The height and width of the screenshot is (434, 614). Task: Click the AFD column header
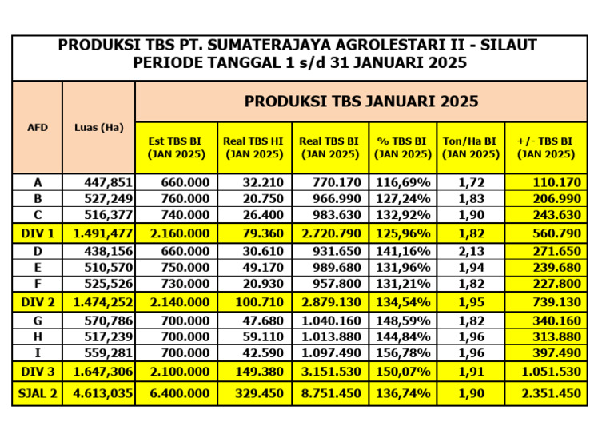coord(38,127)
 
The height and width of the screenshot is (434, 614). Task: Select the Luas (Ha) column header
coord(98,127)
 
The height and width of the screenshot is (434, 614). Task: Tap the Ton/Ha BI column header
coord(470,148)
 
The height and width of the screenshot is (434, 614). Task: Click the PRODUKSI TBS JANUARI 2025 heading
coord(361,102)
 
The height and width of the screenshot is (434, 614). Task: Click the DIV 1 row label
coord(38,233)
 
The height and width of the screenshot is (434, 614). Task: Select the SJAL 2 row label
coord(38,393)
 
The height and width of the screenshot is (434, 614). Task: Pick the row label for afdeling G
coord(38,320)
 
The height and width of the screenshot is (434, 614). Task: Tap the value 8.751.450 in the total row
coord(331,393)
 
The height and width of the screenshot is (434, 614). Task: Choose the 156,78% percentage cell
coord(403,352)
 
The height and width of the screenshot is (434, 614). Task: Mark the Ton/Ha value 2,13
coord(470,251)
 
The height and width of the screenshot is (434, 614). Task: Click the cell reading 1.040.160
coord(331,320)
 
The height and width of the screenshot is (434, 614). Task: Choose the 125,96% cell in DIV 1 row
coord(403,233)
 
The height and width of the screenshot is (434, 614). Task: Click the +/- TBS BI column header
coord(546,148)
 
